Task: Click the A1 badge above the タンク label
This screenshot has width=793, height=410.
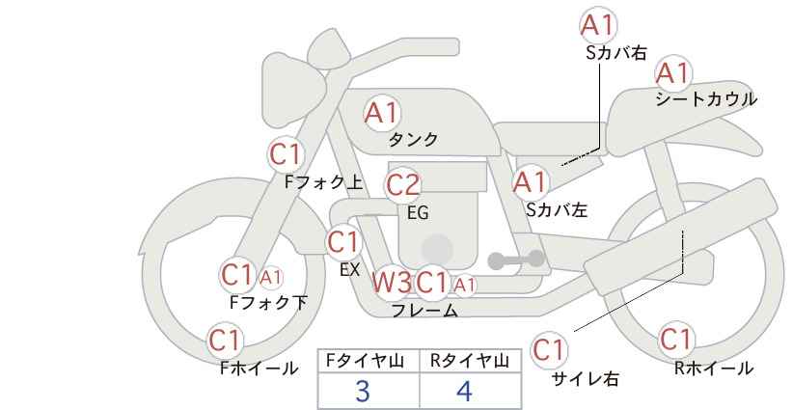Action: click(x=382, y=113)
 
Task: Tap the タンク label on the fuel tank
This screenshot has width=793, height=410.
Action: click(x=413, y=140)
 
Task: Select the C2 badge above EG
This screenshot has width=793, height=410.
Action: click(x=402, y=185)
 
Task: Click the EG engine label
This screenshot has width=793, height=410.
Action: click(x=418, y=213)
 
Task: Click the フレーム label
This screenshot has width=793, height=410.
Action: click(x=424, y=311)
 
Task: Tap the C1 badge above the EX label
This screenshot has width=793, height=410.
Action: click(x=342, y=242)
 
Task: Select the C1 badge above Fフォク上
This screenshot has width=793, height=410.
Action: click(x=286, y=154)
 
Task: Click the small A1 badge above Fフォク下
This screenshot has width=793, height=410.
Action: click(x=270, y=277)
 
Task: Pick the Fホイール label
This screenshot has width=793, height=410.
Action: click(x=259, y=369)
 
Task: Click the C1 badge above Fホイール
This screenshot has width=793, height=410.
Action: click(x=225, y=341)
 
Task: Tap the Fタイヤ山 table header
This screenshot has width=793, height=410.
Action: click(x=365, y=361)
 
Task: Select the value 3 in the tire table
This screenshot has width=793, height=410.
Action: click(x=363, y=391)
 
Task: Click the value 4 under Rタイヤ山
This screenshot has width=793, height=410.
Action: click(x=464, y=391)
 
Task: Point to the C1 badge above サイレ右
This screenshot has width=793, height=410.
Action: click(x=549, y=349)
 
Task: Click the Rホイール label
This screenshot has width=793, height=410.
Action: click(x=714, y=369)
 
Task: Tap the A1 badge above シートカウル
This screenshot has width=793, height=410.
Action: click(x=673, y=73)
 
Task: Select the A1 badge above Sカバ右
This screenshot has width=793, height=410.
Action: click(x=598, y=25)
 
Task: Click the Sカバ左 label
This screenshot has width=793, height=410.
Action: click(x=557, y=209)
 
